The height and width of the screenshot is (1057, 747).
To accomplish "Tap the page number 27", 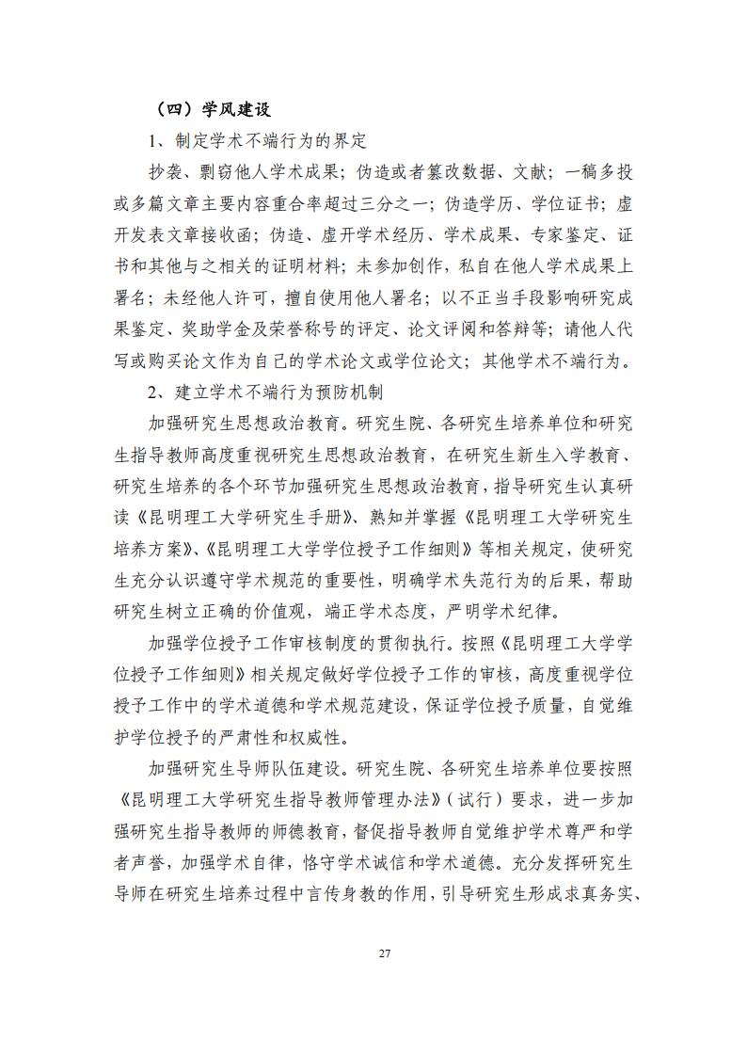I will pyautogui.click(x=384, y=953).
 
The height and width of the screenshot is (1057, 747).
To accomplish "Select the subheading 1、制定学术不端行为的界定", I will pyautogui.click(x=257, y=141).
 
